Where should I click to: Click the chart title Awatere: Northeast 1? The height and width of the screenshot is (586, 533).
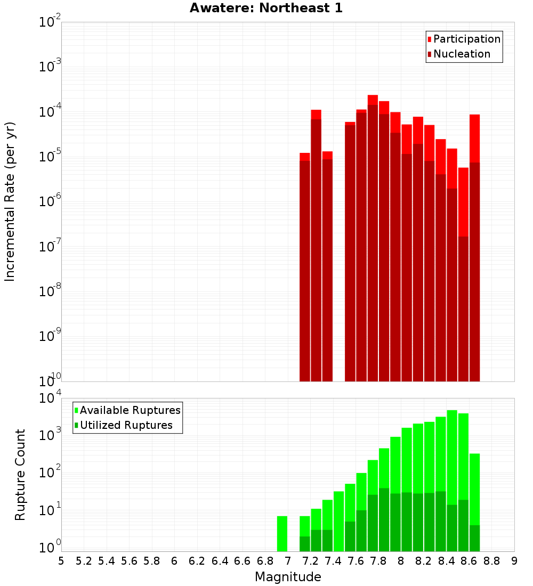tap(266, 8)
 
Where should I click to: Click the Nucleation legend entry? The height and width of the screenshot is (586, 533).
tap(461, 54)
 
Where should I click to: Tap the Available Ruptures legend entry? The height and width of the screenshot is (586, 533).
tap(130, 410)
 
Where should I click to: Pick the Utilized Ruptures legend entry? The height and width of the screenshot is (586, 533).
tap(126, 425)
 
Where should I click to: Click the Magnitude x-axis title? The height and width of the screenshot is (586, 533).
tap(288, 577)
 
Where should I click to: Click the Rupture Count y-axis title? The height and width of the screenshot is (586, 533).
tap(20, 474)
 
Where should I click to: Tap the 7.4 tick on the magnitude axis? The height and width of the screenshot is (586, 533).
tap(333, 561)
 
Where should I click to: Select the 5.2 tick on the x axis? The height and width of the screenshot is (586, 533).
tap(84, 561)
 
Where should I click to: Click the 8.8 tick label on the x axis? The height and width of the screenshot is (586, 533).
tap(491, 561)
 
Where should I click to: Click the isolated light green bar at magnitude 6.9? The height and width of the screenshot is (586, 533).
tap(282, 533)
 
